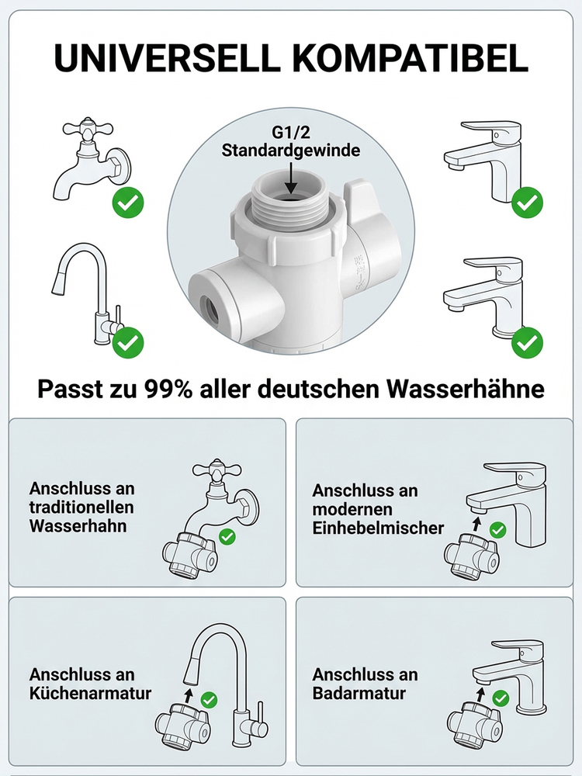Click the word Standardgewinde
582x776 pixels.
(x=291, y=150)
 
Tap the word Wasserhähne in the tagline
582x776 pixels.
(x=475, y=389)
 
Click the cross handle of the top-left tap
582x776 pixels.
(x=80, y=130)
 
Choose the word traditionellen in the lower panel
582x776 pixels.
(x=81, y=508)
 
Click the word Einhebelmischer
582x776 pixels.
(x=378, y=528)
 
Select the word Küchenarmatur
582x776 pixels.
(x=90, y=692)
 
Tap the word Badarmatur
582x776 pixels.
(x=359, y=692)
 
